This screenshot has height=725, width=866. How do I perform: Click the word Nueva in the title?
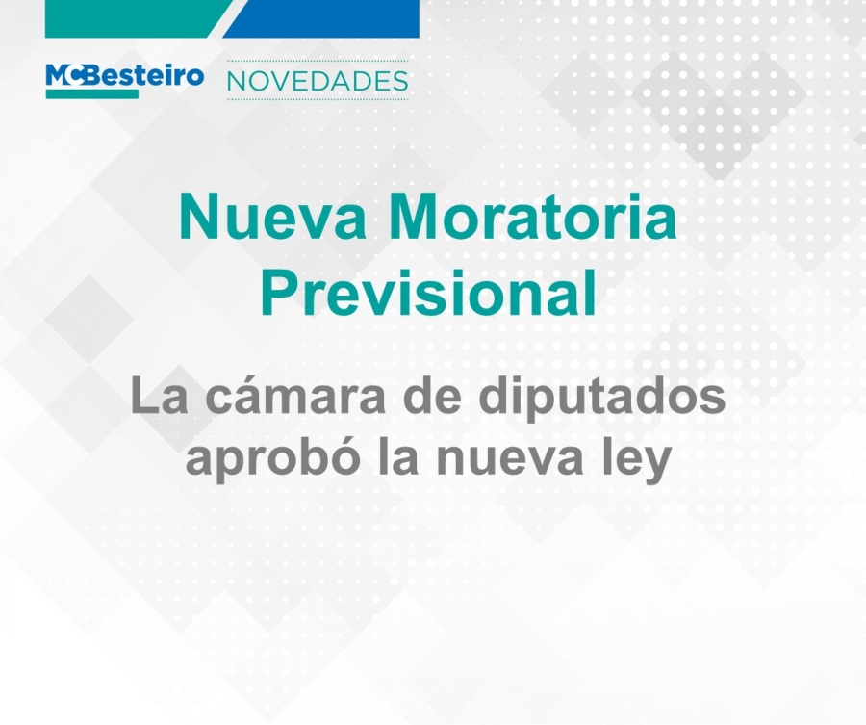pos(272,217)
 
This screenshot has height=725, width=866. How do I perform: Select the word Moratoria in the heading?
pos(536,217)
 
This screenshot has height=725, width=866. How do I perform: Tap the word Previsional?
pos(428,293)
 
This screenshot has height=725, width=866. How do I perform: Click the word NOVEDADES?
pos(318,81)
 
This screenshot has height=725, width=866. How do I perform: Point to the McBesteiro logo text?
pos(125,75)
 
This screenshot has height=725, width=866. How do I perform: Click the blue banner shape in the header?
pos(320,19)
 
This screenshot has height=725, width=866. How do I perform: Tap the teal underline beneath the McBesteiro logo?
pos(91,94)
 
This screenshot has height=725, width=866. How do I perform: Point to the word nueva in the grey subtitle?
pos(510,462)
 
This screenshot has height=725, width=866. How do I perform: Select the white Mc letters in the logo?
pos(64,75)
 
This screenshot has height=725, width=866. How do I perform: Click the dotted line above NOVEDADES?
pos(318,61)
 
